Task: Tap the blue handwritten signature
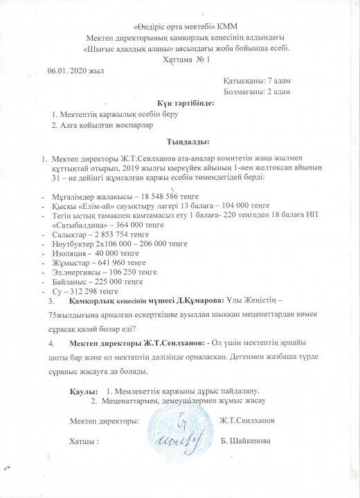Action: [x=177, y=432]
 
